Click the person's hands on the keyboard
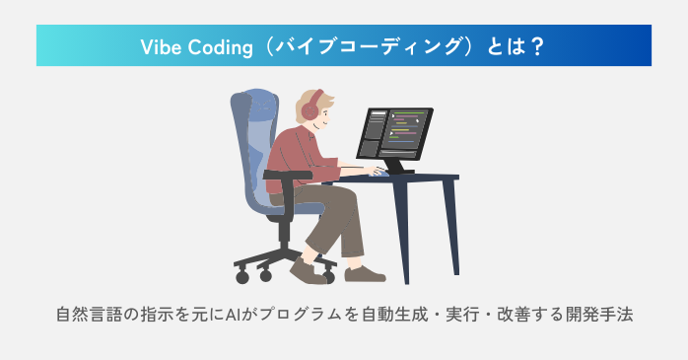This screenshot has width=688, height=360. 378,171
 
